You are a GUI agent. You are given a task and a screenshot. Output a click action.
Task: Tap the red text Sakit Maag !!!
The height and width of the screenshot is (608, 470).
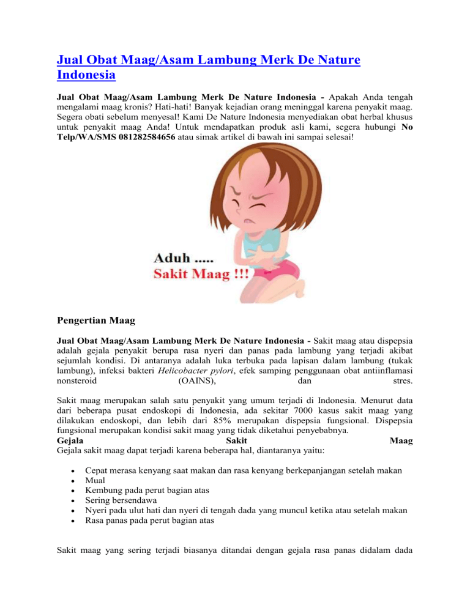(x=200, y=275)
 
